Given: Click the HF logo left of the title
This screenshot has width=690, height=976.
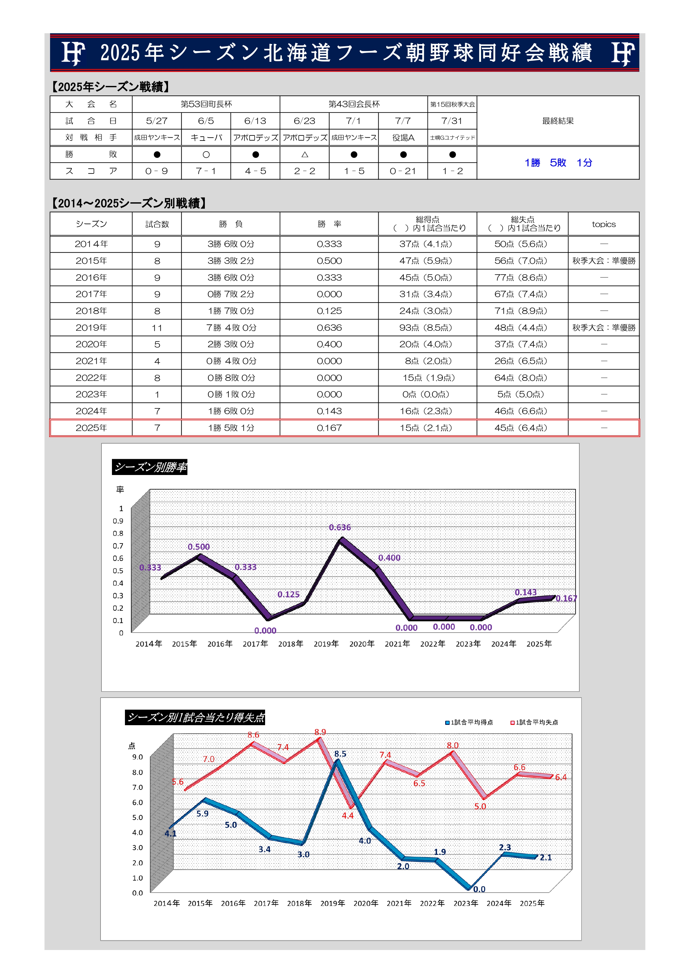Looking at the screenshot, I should (x=73, y=53).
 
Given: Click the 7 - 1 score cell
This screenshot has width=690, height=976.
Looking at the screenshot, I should (x=206, y=171).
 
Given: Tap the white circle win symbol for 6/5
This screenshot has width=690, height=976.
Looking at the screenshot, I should (x=206, y=155).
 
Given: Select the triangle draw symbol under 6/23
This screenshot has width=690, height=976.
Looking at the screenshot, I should (x=304, y=155).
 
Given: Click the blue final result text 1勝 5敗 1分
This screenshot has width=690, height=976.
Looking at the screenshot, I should (x=558, y=163).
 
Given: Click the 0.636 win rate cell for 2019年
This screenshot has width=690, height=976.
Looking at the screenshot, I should (x=329, y=328).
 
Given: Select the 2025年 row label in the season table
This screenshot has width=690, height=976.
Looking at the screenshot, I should (x=91, y=428).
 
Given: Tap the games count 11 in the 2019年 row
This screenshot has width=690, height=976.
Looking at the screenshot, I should (x=157, y=328).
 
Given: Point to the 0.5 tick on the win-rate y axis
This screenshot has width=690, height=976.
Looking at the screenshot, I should (x=118, y=571).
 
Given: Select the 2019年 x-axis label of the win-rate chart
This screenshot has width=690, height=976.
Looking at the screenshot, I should (x=326, y=644).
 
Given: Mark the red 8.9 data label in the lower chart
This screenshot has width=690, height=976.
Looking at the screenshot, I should (x=320, y=732).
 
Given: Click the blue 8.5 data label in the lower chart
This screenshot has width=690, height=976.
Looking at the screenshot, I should (x=340, y=754).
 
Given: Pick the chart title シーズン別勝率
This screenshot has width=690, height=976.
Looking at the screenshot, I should (x=150, y=467).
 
